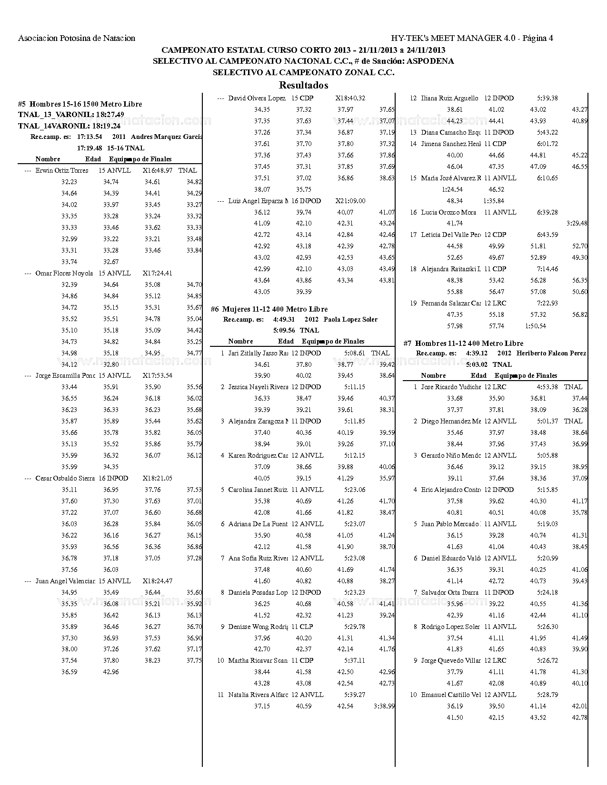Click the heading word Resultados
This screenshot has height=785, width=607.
[x=303, y=86]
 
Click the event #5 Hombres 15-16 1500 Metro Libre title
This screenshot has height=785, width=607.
[x=80, y=104]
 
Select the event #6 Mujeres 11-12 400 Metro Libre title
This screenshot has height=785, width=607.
[x=269, y=309]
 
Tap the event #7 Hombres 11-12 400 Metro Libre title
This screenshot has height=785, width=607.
[x=463, y=343]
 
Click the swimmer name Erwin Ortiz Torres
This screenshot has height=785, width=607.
[x=62, y=170]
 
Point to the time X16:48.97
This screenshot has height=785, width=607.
[x=158, y=170]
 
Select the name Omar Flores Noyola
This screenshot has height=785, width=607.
[x=64, y=274]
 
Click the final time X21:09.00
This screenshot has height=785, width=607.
[x=350, y=201]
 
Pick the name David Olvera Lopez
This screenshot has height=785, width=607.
[x=257, y=98]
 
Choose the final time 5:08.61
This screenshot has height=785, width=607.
[x=355, y=353]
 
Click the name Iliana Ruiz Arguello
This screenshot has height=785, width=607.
[x=449, y=98]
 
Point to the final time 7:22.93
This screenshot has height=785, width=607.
[x=547, y=303]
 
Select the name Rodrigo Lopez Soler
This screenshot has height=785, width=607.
[x=450, y=627]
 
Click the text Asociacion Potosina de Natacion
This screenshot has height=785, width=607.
[x=77, y=39]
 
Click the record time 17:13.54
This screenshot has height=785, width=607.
[x=90, y=137]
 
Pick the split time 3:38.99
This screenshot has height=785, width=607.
[x=384, y=706]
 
